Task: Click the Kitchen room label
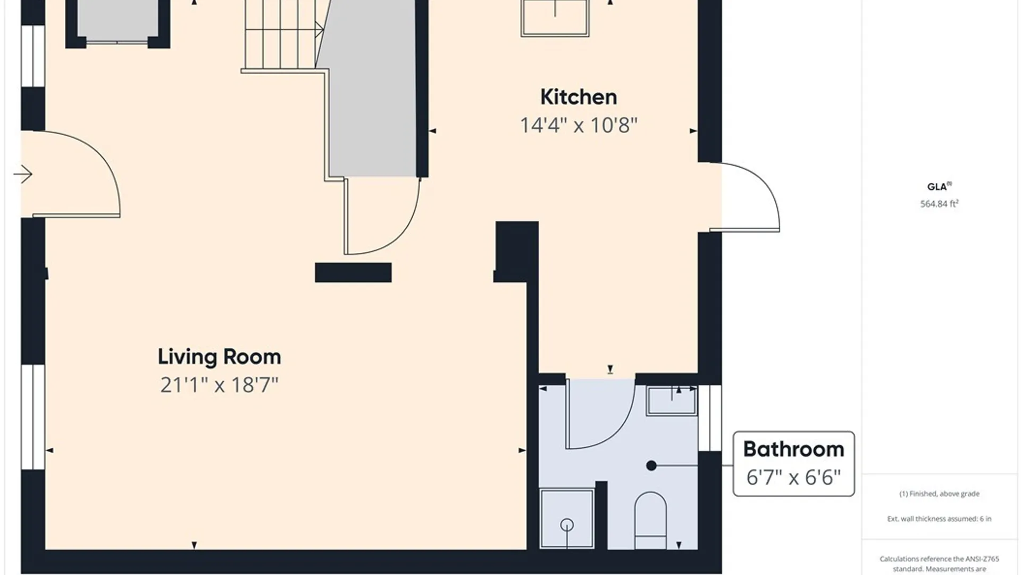click(x=579, y=97)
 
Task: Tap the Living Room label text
click(x=219, y=357)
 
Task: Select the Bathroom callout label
click(x=793, y=449)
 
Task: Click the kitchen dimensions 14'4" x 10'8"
click(x=579, y=126)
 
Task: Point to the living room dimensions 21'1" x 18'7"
click(x=219, y=385)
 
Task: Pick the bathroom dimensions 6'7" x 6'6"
click(x=793, y=478)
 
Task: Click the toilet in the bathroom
click(x=650, y=520)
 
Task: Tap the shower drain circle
click(x=567, y=524)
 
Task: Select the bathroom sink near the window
click(x=672, y=400)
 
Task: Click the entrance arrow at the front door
click(x=23, y=174)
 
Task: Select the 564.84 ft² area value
click(x=939, y=203)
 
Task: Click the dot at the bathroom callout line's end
click(x=651, y=466)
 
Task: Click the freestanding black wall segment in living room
click(x=353, y=273)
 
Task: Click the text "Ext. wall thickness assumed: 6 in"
click(x=939, y=519)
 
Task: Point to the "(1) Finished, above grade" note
click(x=939, y=494)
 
